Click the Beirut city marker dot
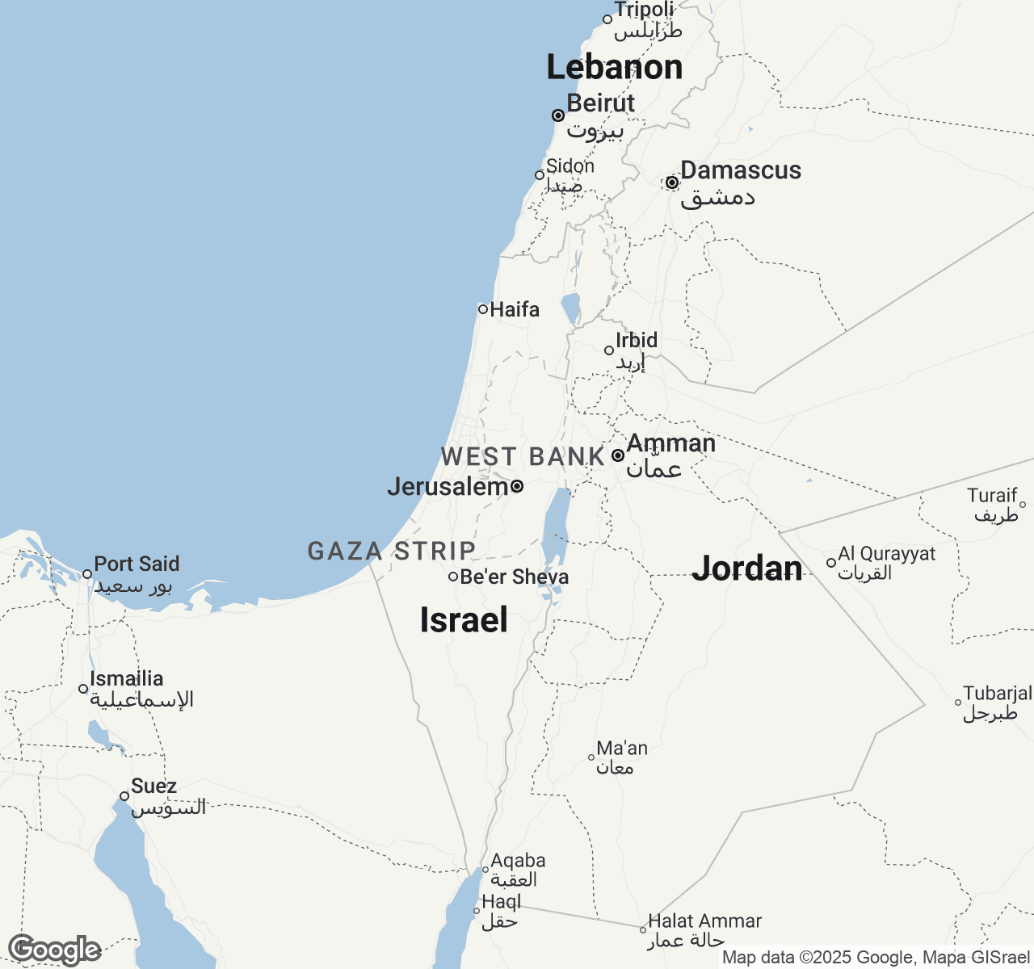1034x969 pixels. click(x=558, y=115)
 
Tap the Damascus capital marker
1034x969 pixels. click(x=672, y=183)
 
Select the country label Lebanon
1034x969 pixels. click(x=615, y=67)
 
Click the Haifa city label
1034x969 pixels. click(x=515, y=309)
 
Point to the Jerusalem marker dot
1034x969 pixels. click(x=517, y=486)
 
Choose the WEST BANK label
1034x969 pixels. click(x=523, y=456)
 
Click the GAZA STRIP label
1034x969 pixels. click(x=392, y=551)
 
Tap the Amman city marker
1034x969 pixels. click(x=618, y=455)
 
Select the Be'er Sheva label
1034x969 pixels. click(x=514, y=577)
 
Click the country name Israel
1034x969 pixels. click(x=464, y=620)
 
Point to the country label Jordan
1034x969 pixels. click(x=747, y=568)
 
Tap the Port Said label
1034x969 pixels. click(x=137, y=564)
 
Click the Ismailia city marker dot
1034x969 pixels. click(x=83, y=689)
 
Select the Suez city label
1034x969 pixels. click(x=153, y=786)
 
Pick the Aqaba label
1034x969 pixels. click(x=518, y=861)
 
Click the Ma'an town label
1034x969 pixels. click(x=622, y=749)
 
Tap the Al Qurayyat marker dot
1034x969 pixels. click(x=831, y=563)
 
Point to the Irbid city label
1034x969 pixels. click(x=637, y=340)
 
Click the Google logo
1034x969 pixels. click(x=54, y=950)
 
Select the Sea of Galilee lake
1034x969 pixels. click(x=571, y=308)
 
